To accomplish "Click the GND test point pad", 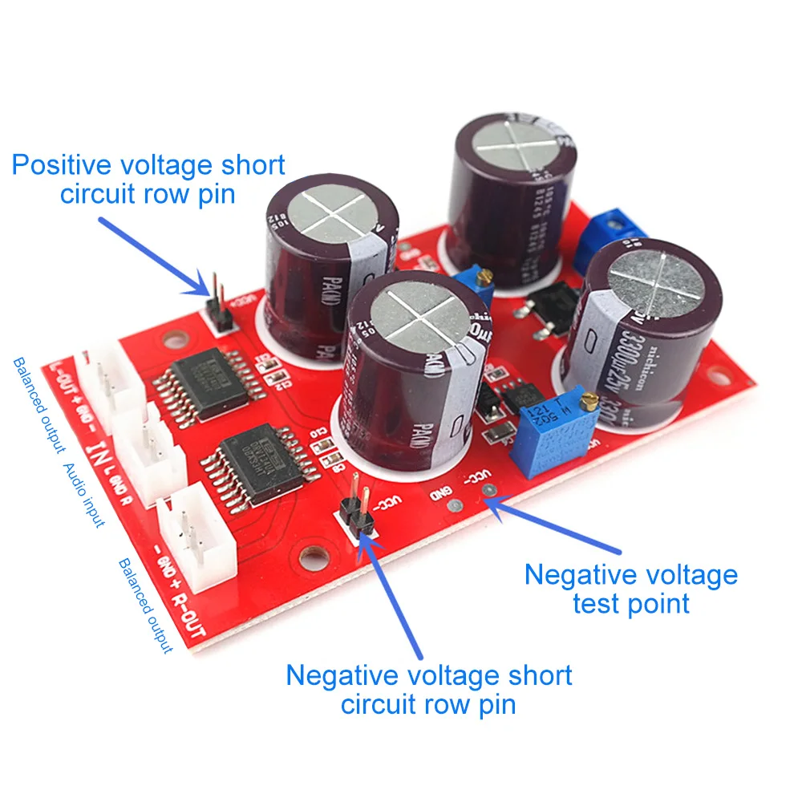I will click(x=454, y=506).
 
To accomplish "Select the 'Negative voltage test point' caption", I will click(x=630, y=589).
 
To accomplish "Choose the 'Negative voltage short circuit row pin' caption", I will click(x=429, y=690).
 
